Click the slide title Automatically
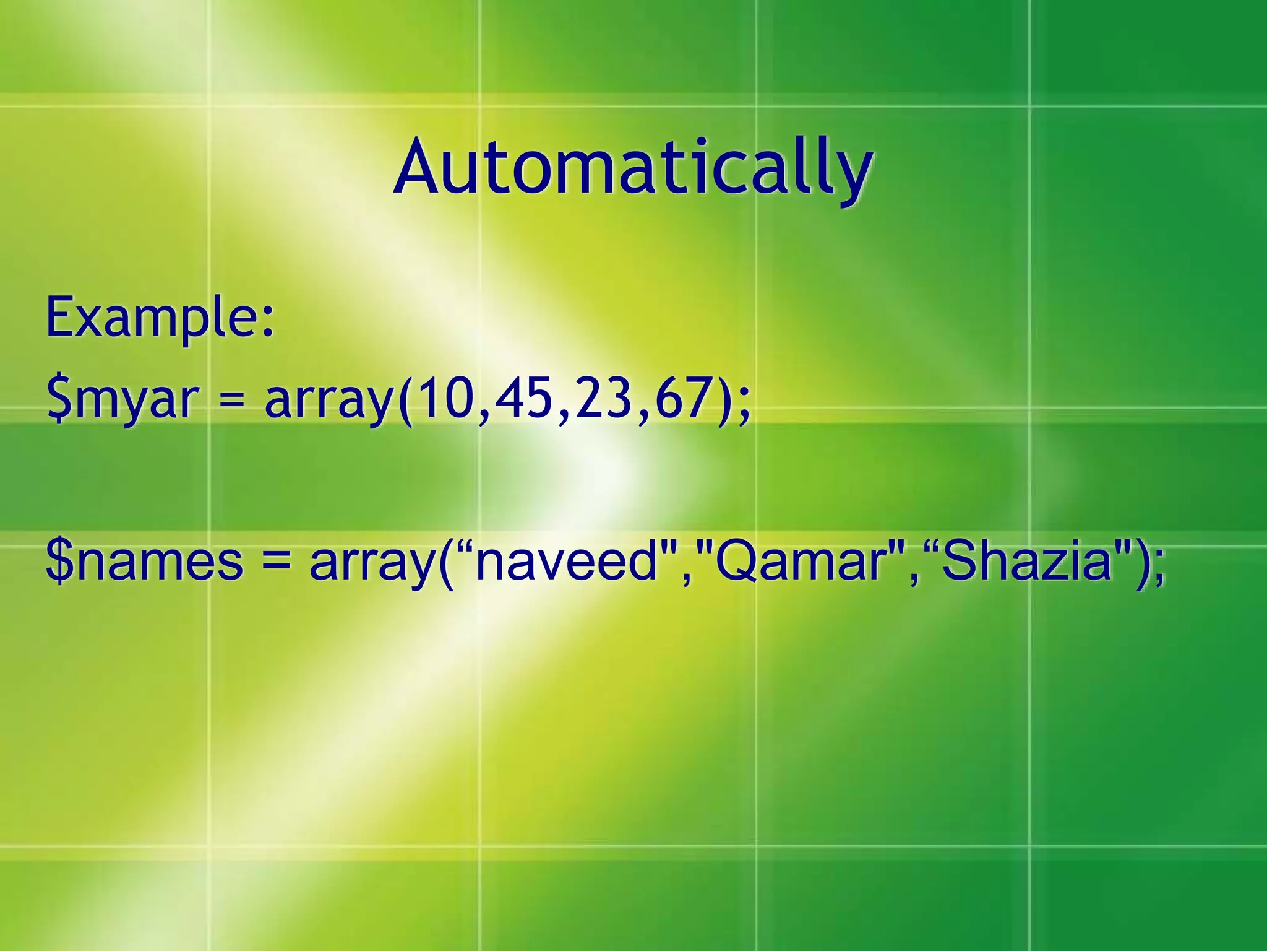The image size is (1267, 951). point(632,167)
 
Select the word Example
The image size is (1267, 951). point(151,318)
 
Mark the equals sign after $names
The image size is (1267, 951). point(275,562)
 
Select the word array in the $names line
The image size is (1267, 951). point(372,562)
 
